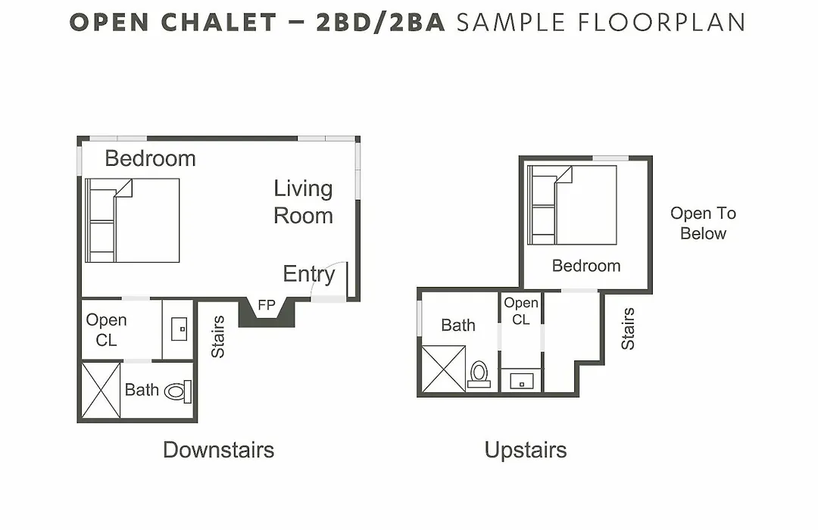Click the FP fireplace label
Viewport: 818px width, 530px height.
click(267, 304)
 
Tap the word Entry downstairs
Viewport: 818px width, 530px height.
click(309, 274)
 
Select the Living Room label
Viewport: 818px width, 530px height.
click(303, 202)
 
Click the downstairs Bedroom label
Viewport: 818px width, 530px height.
click(150, 158)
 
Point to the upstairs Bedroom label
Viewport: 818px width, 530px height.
click(586, 266)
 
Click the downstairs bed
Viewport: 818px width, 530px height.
click(133, 220)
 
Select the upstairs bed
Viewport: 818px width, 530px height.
click(572, 205)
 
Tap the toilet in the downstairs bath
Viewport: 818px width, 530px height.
click(178, 391)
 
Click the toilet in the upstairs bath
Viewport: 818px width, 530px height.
click(479, 375)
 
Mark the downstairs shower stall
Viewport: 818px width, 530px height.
click(101, 390)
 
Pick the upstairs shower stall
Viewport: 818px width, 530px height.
click(443, 369)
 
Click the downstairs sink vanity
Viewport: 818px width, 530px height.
click(179, 328)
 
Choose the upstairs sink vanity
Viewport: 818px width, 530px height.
click(522, 381)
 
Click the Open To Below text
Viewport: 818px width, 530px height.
click(703, 223)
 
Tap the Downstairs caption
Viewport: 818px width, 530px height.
click(219, 450)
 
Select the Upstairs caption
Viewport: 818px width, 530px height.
click(526, 450)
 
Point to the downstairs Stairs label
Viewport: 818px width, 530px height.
click(217, 336)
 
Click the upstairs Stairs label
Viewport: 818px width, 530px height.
click(628, 329)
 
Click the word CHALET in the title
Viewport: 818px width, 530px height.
click(219, 23)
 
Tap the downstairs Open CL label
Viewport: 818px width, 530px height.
click(107, 329)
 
